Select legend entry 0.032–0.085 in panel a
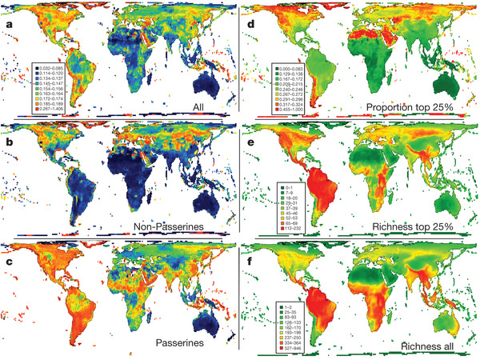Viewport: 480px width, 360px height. (55, 65)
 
